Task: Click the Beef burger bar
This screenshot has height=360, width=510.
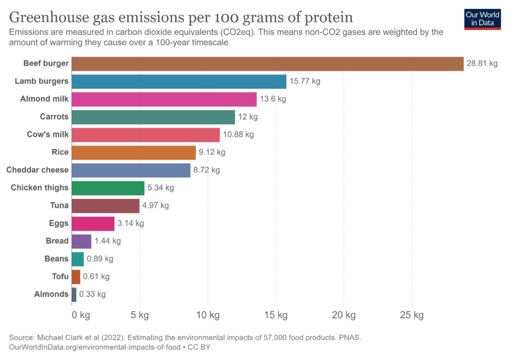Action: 267,64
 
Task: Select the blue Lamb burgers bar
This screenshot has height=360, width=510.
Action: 179,82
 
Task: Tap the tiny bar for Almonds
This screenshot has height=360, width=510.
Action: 74,294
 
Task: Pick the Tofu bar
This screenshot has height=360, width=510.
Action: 76,276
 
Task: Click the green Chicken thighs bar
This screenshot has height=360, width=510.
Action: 108,188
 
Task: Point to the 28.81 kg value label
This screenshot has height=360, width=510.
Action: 482,64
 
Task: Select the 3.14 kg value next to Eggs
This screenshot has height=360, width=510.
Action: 130,223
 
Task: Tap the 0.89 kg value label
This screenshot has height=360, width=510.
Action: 100,259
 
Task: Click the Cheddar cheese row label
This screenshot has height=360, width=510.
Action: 37,170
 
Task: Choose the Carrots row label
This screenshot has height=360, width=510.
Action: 54,117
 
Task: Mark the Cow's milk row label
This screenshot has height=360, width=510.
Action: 47,134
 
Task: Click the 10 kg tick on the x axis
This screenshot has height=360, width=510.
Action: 208,315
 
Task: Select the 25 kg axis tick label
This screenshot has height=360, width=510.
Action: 412,315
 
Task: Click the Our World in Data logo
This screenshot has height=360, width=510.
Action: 483,18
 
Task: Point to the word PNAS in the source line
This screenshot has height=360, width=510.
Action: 351,338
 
